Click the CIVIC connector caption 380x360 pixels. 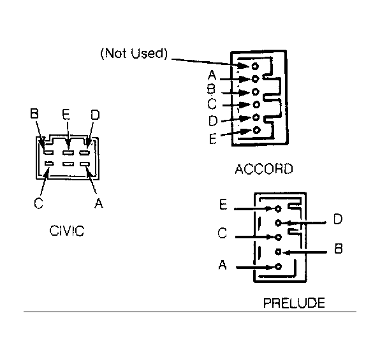click(67, 231)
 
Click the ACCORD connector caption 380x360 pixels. click(264, 169)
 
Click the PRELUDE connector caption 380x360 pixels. click(294, 303)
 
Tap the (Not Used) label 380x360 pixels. click(134, 54)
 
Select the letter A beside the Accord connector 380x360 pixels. click(212, 75)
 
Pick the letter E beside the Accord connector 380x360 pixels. click(212, 139)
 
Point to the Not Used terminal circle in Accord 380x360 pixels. click(255, 66)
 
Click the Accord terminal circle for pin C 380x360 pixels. click(256, 104)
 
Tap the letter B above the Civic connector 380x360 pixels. click(34, 113)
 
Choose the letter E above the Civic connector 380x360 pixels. click(66, 114)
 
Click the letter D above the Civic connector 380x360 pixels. click(95, 115)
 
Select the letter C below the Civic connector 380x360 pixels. click(38, 203)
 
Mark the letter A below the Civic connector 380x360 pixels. click(99, 203)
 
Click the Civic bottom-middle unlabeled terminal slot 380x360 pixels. click(68, 164)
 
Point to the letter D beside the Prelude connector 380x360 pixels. click(337, 219)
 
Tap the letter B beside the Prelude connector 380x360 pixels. click(339, 248)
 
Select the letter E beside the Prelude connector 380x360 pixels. click(223, 205)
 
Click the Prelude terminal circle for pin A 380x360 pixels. click(279, 267)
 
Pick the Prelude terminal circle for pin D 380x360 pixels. click(278, 222)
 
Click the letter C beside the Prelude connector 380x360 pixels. click(223, 233)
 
